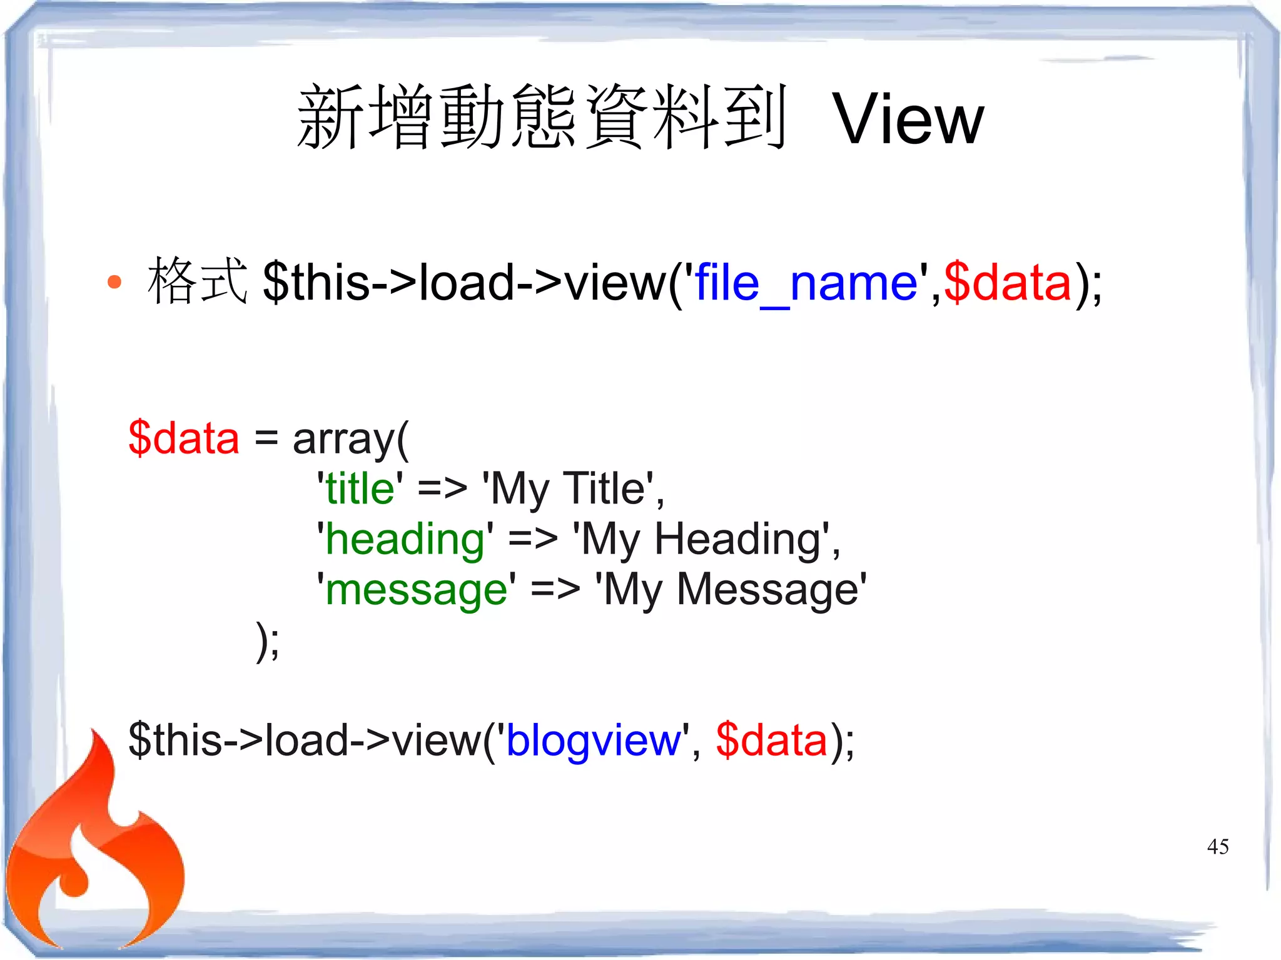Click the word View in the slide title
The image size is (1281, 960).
click(x=908, y=119)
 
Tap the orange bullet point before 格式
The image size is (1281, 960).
click(x=114, y=282)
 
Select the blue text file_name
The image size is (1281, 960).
click(x=806, y=283)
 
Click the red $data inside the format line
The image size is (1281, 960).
click(x=1008, y=283)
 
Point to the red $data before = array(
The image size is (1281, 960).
click(x=184, y=438)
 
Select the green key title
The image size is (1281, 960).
click(x=360, y=488)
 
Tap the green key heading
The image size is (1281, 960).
click(x=405, y=539)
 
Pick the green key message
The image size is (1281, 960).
click(x=416, y=590)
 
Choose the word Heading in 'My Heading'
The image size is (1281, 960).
click(x=737, y=539)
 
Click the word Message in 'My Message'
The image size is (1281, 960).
click(x=767, y=590)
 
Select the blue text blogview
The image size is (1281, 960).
click(x=593, y=740)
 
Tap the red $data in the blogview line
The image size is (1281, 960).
click(x=772, y=740)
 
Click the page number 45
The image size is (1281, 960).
click(x=1218, y=847)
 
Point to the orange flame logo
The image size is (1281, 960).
click(x=94, y=857)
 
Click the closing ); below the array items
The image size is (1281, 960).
click(x=268, y=641)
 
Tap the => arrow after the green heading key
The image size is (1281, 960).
click(x=532, y=539)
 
